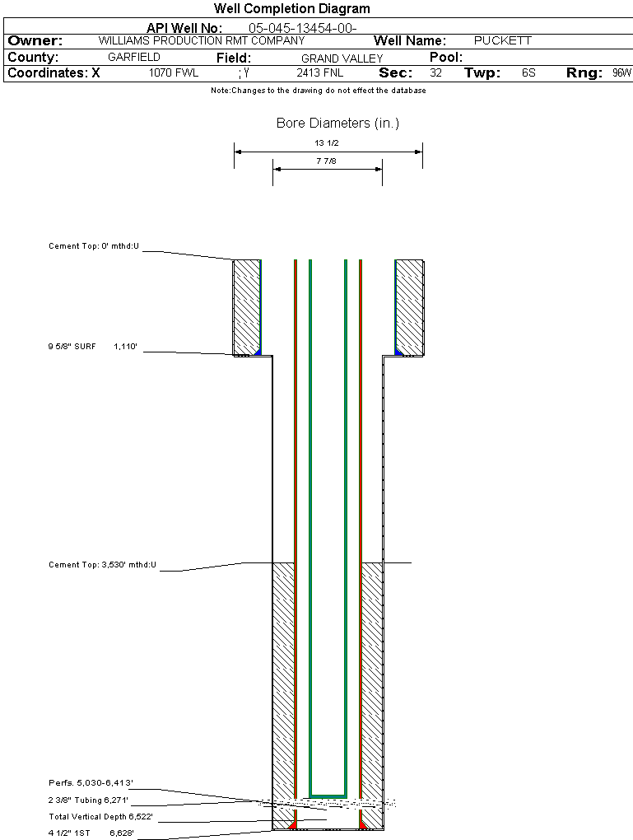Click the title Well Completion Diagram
(x=291, y=9)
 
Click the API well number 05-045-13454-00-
(x=302, y=28)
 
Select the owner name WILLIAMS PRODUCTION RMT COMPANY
(x=195, y=40)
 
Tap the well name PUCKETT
(x=503, y=40)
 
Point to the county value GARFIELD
(x=134, y=58)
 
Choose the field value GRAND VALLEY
(x=342, y=58)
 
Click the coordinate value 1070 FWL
(x=174, y=73)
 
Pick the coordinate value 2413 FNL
(x=320, y=73)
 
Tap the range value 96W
(x=621, y=73)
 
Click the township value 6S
(x=528, y=73)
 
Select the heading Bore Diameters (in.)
(x=337, y=124)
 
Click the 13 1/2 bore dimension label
(x=327, y=143)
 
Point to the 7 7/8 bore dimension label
(x=327, y=161)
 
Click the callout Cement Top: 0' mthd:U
(x=94, y=246)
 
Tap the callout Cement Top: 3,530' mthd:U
(x=102, y=565)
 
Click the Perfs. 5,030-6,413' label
(x=91, y=782)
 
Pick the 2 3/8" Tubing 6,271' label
(x=88, y=800)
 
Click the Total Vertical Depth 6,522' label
(x=100, y=817)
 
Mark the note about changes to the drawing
(x=319, y=91)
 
